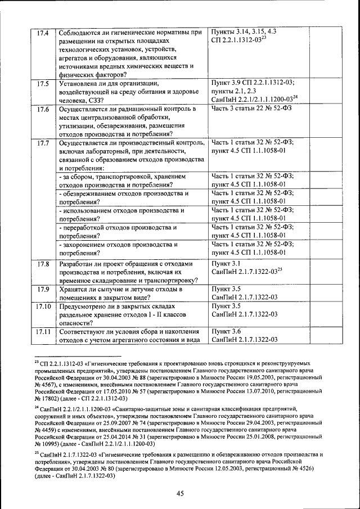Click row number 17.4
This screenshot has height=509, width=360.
click(x=43, y=33)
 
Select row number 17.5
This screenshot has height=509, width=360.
click(x=43, y=84)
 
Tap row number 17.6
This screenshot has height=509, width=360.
click(x=43, y=109)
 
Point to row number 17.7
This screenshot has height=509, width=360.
click(x=43, y=143)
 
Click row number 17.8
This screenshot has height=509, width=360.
click(x=43, y=264)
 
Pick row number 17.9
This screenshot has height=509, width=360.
click(x=43, y=289)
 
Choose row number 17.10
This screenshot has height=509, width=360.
click(x=43, y=307)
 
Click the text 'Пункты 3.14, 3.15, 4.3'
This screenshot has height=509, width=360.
click(x=244, y=33)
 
